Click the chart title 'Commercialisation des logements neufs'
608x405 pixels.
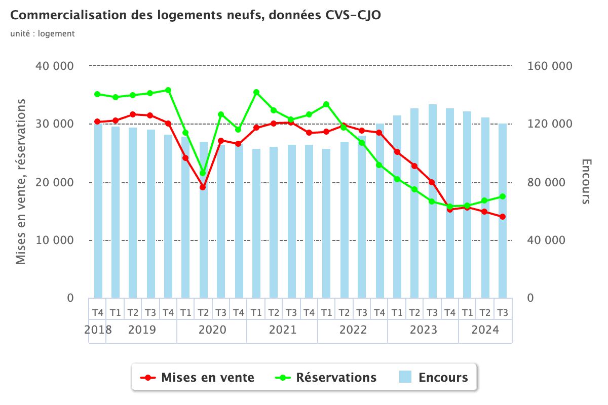(x=196, y=16)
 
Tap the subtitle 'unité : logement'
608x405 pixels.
(x=42, y=34)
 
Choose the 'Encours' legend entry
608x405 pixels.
(x=434, y=377)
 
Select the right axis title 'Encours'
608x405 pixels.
(x=586, y=181)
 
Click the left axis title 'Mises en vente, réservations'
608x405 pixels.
(x=21, y=181)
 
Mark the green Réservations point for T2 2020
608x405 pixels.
(x=203, y=173)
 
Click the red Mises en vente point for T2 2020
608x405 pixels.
(x=203, y=187)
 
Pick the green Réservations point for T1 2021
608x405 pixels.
(x=256, y=92)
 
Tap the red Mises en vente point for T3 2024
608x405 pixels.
(x=503, y=217)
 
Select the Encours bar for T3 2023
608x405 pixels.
(x=432, y=202)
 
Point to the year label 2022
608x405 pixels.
(x=353, y=330)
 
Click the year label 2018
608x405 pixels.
(x=98, y=330)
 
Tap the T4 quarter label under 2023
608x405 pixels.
(x=450, y=312)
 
